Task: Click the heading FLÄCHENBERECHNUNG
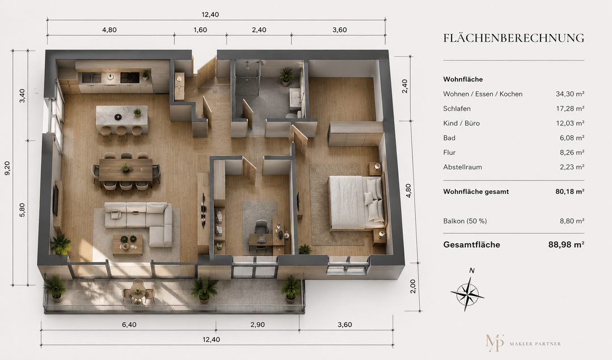(x=514, y=38)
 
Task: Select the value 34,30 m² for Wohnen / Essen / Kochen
(x=570, y=94)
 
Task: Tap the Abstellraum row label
(x=462, y=167)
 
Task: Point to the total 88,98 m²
(x=566, y=244)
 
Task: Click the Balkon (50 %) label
(x=465, y=221)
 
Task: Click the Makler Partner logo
(x=523, y=343)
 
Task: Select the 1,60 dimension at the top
(x=200, y=30)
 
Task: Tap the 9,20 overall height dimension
(x=7, y=168)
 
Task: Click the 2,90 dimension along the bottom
(x=258, y=324)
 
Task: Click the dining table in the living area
(x=126, y=170)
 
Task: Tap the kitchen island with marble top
(x=122, y=119)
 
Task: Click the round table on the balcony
(x=138, y=289)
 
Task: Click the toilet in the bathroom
(x=291, y=116)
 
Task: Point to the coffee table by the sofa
(x=128, y=244)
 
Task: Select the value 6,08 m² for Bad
(x=572, y=138)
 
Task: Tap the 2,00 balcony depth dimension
(x=413, y=286)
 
